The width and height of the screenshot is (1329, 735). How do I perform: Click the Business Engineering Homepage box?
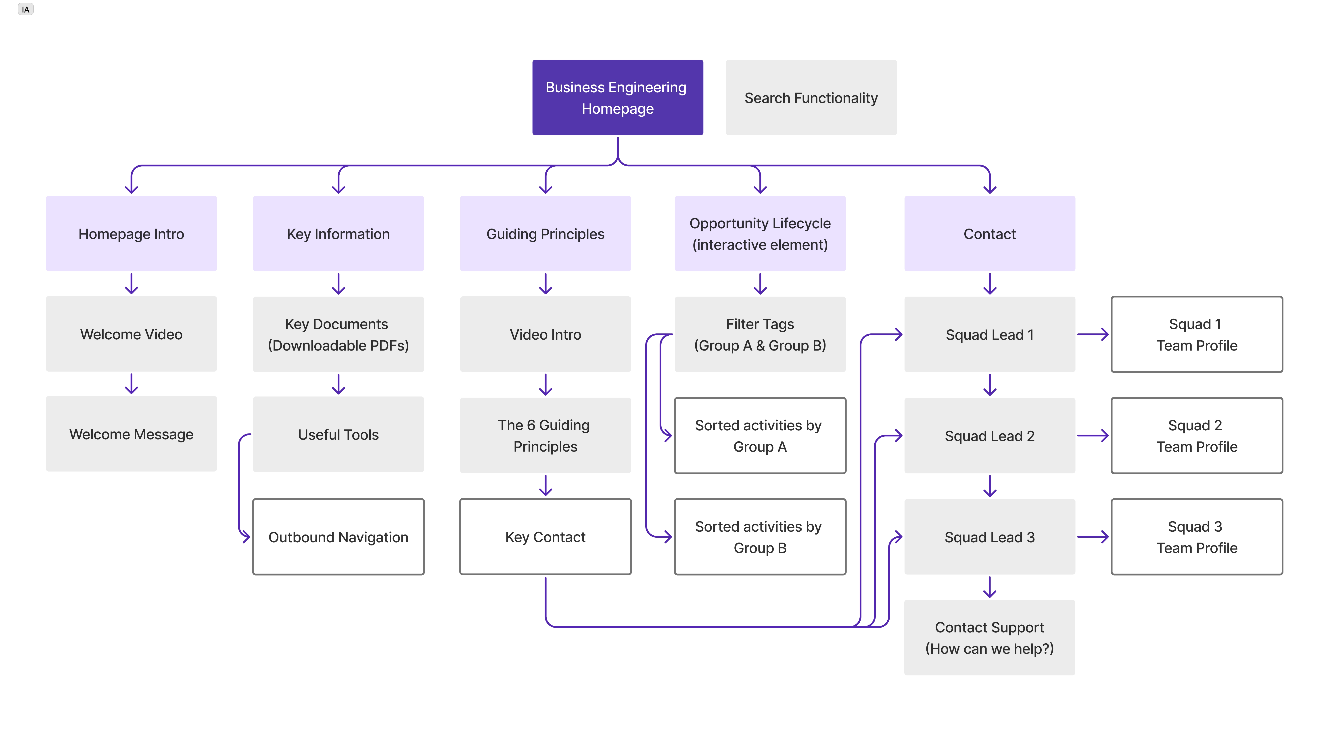pyautogui.click(x=618, y=97)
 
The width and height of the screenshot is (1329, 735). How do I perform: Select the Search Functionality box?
pyautogui.click(x=811, y=97)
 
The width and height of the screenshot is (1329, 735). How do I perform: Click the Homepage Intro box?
pyautogui.click(x=131, y=233)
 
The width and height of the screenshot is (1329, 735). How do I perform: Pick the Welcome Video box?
pyautogui.click(x=131, y=334)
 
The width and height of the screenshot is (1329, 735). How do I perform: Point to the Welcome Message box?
pyautogui.click(x=131, y=434)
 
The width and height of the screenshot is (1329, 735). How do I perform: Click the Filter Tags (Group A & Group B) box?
pyautogui.click(x=760, y=334)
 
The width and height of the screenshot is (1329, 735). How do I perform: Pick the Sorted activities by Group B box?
pyautogui.click(x=760, y=537)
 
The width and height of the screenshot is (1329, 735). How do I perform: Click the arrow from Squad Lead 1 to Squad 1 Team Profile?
pyautogui.click(x=1093, y=334)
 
